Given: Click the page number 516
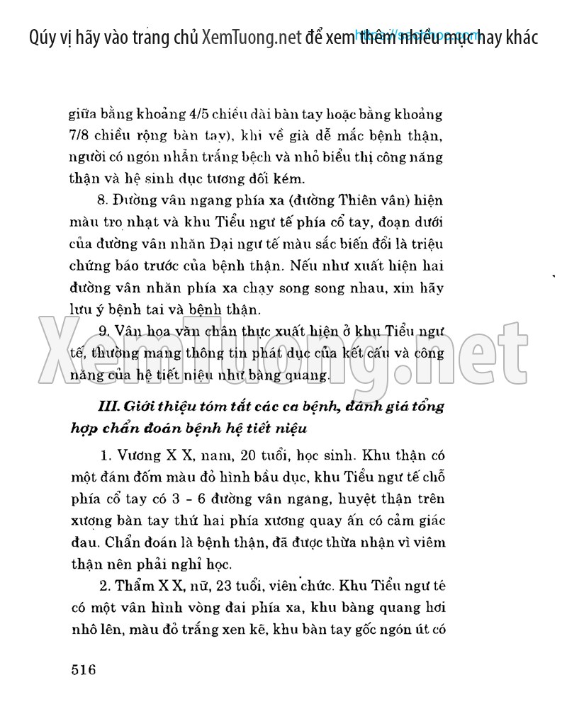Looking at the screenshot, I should coord(84,669).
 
